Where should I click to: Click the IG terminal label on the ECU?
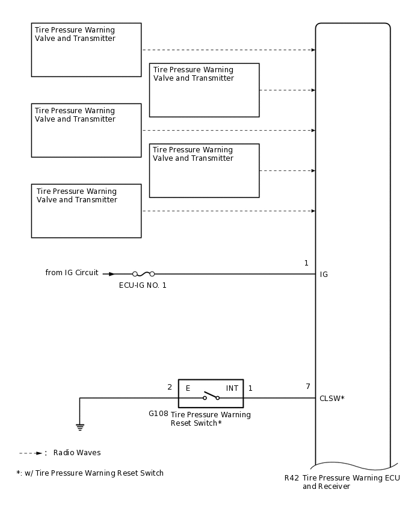point(324,275)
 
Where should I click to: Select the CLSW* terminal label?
point(332,398)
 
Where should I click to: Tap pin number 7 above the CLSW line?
point(308,387)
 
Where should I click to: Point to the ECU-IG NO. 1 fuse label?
point(143,285)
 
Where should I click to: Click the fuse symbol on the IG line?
point(143,274)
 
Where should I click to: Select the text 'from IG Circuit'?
point(72,273)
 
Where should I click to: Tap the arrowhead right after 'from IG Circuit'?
point(111,274)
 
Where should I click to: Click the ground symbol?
point(79,427)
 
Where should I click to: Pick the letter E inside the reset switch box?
point(188,388)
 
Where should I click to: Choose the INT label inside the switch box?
point(232,388)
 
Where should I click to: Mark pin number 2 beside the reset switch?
point(170,387)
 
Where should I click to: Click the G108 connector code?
point(158,414)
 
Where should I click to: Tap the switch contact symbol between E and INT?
point(211,396)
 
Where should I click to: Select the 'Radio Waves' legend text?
point(77,453)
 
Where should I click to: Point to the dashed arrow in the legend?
point(31,453)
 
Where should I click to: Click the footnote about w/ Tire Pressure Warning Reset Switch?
point(90,473)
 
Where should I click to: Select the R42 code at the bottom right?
point(292,478)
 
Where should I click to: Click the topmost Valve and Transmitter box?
point(86,50)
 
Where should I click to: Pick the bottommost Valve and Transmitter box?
point(86,211)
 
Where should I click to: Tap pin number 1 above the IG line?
point(306,263)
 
